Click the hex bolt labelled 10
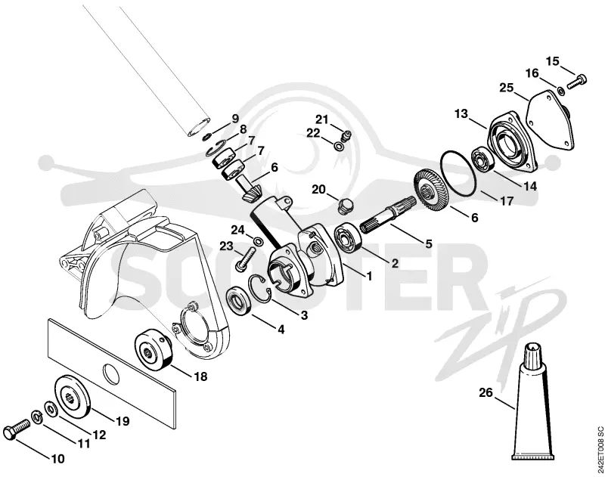pyautogui.click(x=16, y=428)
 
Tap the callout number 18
pyautogui.click(x=200, y=376)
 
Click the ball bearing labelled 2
pyautogui.click(x=348, y=237)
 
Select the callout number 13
pyautogui.click(x=461, y=113)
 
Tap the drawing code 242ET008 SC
pyautogui.click(x=599, y=449)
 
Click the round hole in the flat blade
pyautogui.click(x=111, y=374)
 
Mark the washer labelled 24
pyautogui.click(x=258, y=242)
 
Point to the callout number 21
pyautogui.click(x=322, y=119)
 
